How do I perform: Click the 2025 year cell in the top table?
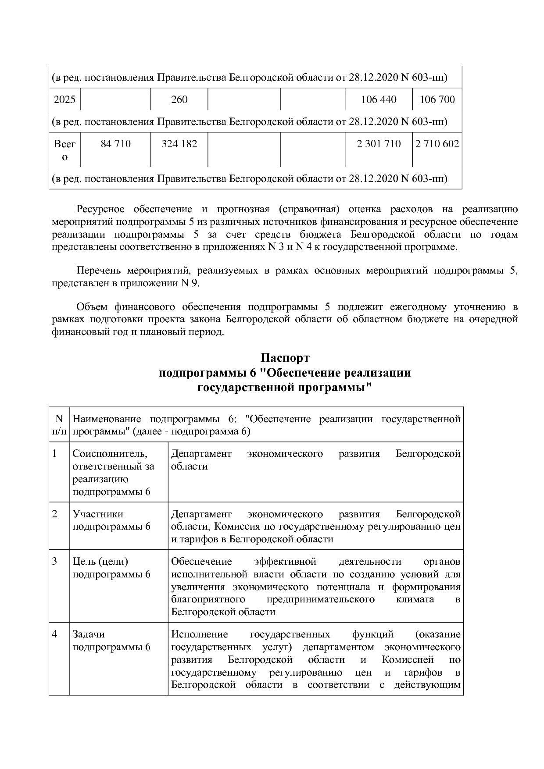click(64, 100)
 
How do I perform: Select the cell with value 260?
click(179, 100)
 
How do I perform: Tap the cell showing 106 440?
click(378, 100)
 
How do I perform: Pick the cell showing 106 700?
click(437, 100)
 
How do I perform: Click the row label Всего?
click(64, 150)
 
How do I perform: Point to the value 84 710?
click(115, 144)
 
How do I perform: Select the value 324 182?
click(179, 144)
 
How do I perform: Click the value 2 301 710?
click(379, 144)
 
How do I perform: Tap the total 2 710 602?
click(437, 144)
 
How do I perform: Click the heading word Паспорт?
click(285, 358)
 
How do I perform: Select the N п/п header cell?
click(59, 425)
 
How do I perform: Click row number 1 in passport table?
click(54, 453)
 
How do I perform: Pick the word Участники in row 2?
click(98, 514)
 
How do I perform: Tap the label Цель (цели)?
click(100, 562)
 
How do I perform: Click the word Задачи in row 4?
click(89, 634)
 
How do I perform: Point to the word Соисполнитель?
click(110, 453)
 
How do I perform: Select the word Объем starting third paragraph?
click(92, 306)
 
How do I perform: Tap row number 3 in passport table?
click(54, 562)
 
